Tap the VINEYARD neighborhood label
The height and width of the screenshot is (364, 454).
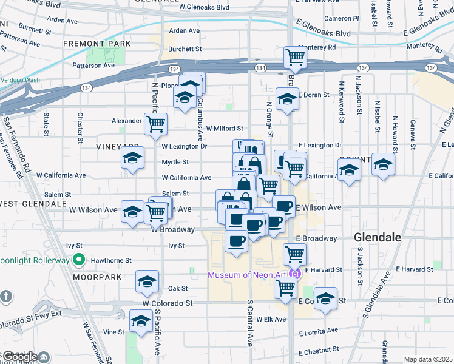(117, 147)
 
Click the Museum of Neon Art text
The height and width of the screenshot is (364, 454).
(246, 275)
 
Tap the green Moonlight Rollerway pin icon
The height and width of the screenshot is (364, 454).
(78, 260)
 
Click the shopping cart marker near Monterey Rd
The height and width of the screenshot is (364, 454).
(295, 57)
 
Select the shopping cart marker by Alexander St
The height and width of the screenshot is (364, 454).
(156, 124)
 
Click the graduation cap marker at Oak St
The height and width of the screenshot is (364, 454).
(147, 282)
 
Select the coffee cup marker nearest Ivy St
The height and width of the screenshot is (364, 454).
(236, 240)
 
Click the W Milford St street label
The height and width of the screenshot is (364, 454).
(225, 129)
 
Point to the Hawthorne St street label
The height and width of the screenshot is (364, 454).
(111, 260)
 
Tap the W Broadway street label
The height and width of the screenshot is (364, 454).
(172, 230)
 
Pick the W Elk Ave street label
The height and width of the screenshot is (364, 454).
(271, 319)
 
